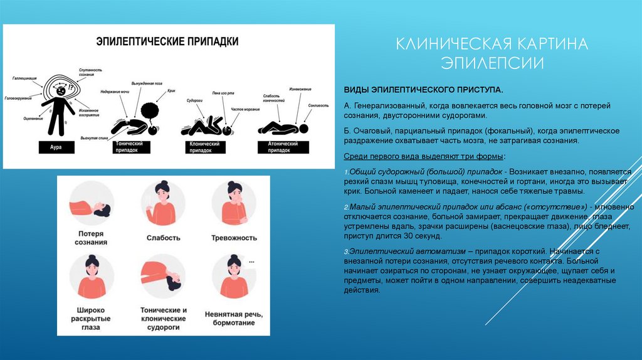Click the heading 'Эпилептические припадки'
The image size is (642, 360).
coord(167,42)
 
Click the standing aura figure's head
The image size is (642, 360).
coord(60,90)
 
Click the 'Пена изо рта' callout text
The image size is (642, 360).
coord(223,92)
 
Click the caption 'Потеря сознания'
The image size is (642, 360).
coord(89,238)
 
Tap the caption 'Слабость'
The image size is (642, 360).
coord(163,238)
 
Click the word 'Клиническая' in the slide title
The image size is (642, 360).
coord(451,45)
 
